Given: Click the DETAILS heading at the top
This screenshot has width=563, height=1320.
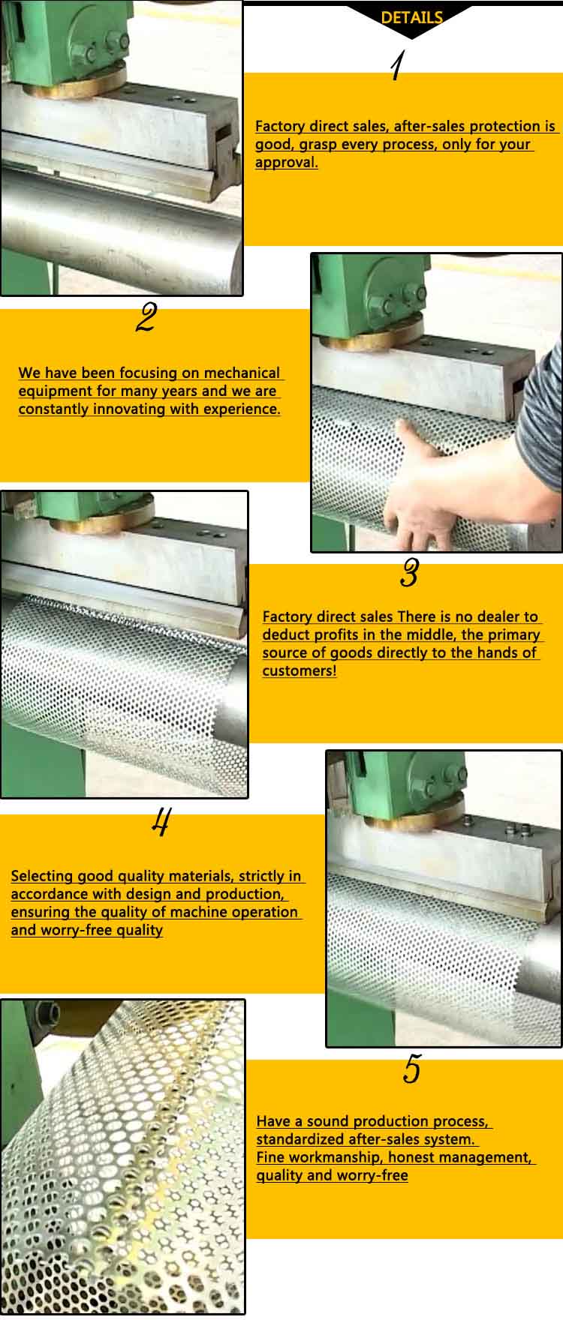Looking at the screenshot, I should point(411,18).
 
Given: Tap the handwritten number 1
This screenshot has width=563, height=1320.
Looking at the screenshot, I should point(397,66).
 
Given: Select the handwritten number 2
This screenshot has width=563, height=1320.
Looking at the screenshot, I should point(146,318).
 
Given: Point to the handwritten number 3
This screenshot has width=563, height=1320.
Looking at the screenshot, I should point(409,574).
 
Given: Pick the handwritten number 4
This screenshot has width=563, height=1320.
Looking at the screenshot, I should point(160,823).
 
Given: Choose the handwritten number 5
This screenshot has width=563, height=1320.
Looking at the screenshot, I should point(411,1069).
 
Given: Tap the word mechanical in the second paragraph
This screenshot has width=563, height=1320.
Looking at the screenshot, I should point(242,373).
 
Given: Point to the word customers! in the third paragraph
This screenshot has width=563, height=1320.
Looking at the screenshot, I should point(300,670).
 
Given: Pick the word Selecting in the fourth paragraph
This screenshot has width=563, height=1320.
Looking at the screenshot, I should point(42,876).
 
